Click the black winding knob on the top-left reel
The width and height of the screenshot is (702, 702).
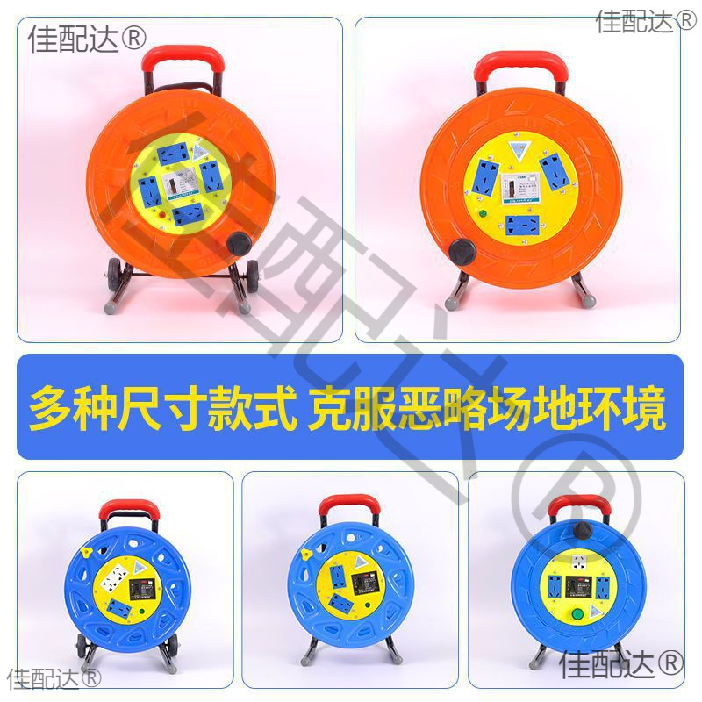tap(238, 244)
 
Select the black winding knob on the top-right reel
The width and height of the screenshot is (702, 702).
tap(461, 252)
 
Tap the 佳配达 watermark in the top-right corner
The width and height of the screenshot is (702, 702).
tap(646, 20)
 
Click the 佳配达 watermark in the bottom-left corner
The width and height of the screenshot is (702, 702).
tap(54, 677)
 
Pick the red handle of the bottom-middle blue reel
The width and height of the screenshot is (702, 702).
tap(348, 506)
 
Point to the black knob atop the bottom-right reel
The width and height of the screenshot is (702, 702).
tap(582, 529)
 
